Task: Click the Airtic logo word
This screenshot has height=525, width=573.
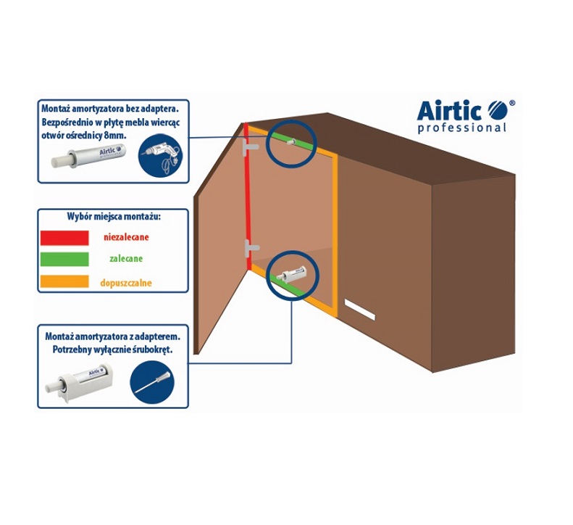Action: click(448, 110)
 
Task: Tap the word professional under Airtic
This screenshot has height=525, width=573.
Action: click(462, 128)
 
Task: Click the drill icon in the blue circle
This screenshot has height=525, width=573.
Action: click(160, 155)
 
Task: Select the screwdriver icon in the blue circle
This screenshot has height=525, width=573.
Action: click(152, 382)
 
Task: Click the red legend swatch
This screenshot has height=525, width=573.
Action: click(64, 238)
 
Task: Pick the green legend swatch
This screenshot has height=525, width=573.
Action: click(64, 260)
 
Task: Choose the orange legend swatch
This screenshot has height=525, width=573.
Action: click(64, 281)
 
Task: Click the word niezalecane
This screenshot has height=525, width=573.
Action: click(126, 237)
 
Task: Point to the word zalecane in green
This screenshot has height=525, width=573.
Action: click(126, 259)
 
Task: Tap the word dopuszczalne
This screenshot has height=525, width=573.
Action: click(126, 283)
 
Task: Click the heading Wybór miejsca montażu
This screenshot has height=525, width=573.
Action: click(114, 216)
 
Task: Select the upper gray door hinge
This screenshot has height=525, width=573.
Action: click(251, 147)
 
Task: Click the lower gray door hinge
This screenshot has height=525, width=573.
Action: click(251, 248)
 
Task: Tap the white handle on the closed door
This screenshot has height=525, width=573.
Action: click(360, 309)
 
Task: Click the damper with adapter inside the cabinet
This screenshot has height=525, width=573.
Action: click(292, 273)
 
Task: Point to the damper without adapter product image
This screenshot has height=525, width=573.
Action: click(88, 156)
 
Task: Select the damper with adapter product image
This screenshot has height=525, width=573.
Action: click(79, 381)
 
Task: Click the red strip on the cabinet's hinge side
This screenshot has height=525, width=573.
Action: click(248, 196)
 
